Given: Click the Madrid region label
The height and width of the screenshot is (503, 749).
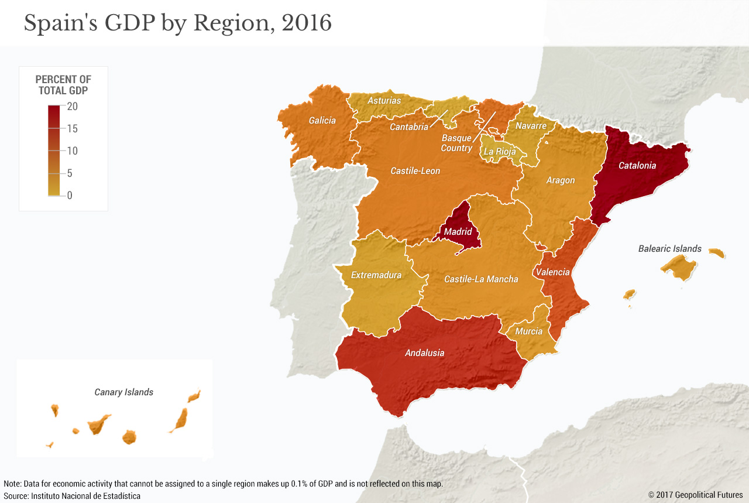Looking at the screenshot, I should [458, 232].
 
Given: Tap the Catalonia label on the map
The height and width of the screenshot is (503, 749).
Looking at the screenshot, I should [637, 166].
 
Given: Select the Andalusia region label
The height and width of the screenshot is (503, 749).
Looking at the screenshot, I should [424, 353].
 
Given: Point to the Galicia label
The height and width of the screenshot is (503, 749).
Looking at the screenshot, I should [322, 121].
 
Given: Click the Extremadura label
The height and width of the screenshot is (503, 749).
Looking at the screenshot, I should [376, 275].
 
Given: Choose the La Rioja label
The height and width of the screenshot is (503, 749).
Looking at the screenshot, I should [500, 152].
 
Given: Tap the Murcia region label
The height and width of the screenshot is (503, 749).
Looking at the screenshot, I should [528, 331].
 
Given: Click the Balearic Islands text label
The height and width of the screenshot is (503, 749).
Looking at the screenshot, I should [669, 249].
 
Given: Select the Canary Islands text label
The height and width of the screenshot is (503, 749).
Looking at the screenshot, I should [123, 392].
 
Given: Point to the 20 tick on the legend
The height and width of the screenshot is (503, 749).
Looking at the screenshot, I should [72, 107].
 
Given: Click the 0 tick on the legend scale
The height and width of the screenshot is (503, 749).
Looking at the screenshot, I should [70, 196].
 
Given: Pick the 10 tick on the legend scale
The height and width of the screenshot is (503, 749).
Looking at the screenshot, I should [72, 151].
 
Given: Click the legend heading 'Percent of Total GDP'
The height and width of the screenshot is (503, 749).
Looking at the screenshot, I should [63, 85].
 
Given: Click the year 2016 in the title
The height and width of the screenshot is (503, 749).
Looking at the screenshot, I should [306, 23].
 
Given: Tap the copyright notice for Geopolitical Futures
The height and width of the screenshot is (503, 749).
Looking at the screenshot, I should [695, 495].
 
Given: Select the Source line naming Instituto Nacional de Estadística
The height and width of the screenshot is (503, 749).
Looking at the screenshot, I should [72, 496].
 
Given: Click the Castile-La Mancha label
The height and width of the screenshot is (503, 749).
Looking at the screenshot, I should [481, 279].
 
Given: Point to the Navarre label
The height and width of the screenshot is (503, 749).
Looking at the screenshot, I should [531, 126].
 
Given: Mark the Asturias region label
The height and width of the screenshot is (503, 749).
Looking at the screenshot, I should [384, 101].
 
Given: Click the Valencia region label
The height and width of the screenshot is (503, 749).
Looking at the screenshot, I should [552, 272].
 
